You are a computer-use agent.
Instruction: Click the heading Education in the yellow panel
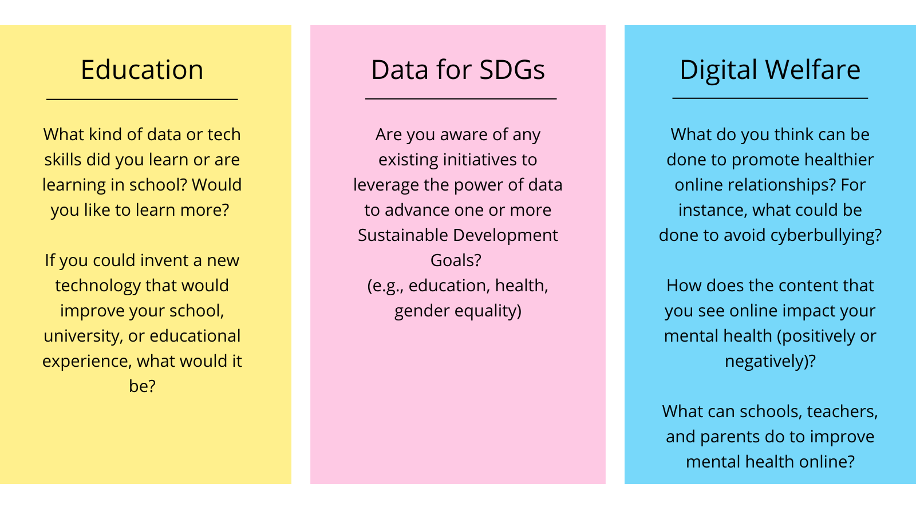click(x=142, y=70)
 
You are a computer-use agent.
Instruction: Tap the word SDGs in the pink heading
click(x=512, y=70)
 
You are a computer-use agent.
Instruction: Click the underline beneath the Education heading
click(x=142, y=99)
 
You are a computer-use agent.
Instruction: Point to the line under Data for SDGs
click(x=461, y=98)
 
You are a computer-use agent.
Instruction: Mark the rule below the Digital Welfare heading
click(x=770, y=98)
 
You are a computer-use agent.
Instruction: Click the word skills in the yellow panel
click(x=63, y=160)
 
